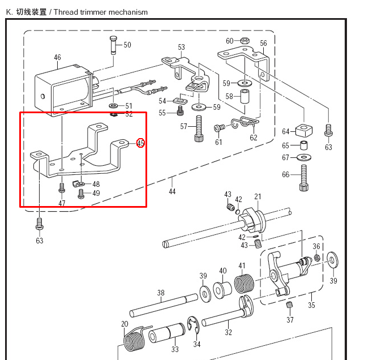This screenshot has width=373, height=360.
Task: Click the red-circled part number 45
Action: pyautogui.click(x=140, y=143)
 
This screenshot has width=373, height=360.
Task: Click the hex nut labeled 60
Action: pyautogui.click(x=245, y=40)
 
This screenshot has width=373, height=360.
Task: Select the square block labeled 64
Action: pyautogui.click(x=304, y=130)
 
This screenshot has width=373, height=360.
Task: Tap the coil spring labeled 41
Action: pyautogui.click(x=245, y=283)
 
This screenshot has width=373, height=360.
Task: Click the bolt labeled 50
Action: pyautogui.click(x=113, y=45)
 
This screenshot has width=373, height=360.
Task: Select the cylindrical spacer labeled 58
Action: pyautogui.click(x=245, y=96)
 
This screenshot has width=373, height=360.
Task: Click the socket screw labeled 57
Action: pyautogui.click(x=199, y=128)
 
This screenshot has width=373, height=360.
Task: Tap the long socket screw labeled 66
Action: pyautogui.click(x=305, y=178)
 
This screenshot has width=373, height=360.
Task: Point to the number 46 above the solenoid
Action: pyautogui.click(x=57, y=57)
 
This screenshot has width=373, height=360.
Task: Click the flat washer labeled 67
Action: pyautogui.click(x=305, y=157)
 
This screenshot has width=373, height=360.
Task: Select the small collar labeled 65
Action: pyautogui.click(x=304, y=145)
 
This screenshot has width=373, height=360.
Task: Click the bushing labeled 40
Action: pyautogui.click(x=222, y=290)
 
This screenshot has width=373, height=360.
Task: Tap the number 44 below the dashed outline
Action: pyautogui.click(x=172, y=191)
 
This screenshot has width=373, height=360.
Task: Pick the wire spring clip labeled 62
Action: pyautogui.click(x=245, y=122)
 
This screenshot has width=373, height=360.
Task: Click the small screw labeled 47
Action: pyautogui.click(x=62, y=187)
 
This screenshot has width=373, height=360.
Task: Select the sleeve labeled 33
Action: pyautogui.click(x=166, y=333)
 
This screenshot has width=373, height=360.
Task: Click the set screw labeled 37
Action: pyautogui.click(x=289, y=305)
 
